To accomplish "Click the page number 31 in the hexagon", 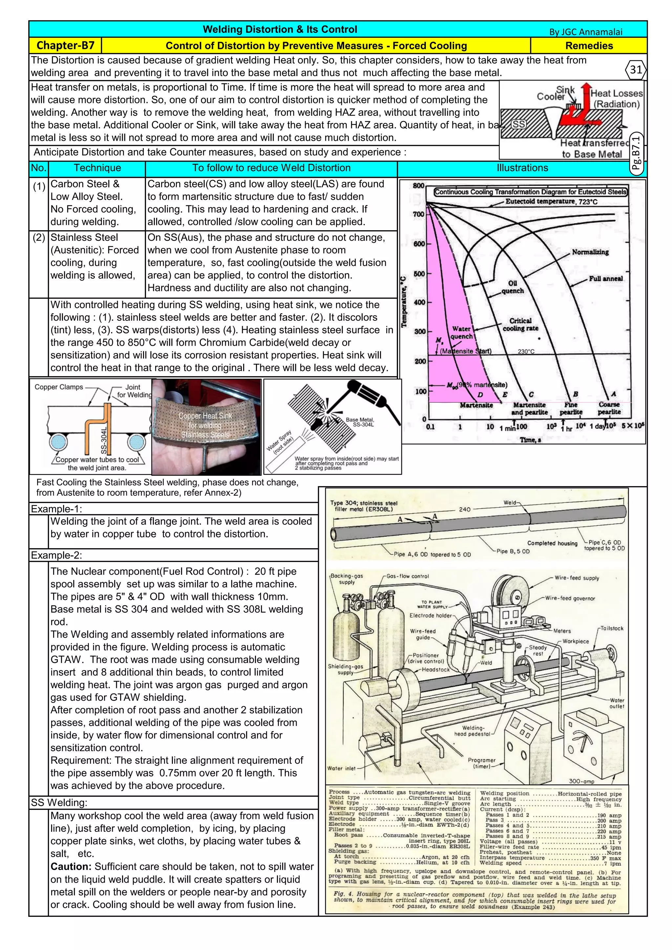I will (x=636, y=70).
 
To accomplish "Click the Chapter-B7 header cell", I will (x=65, y=46).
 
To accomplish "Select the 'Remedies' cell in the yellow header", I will (x=589, y=46).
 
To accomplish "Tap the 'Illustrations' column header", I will (x=522, y=168).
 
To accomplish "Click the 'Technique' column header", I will (x=97, y=168).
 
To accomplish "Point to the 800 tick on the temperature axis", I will (x=419, y=186).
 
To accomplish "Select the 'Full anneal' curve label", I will (x=605, y=279).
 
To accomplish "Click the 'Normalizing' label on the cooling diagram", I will (x=590, y=252).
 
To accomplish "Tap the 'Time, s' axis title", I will (x=530, y=440).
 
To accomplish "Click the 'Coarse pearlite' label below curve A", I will (x=609, y=408).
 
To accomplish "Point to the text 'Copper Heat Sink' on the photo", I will (x=205, y=416).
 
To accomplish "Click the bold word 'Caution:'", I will (x=71, y=866).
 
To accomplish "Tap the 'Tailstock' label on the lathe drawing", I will (x=612, y=628).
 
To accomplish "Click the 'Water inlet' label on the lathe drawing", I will (x=341, y=768).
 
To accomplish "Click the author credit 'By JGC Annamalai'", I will (x=585, y=32).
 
